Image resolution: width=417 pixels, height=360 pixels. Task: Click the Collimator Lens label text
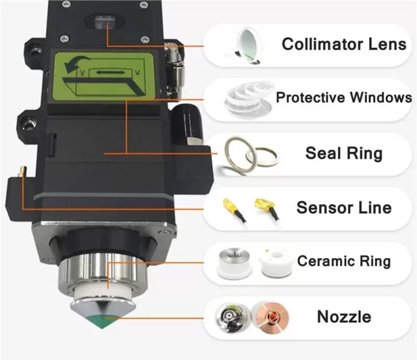344,44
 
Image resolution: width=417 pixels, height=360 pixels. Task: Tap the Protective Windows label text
344,97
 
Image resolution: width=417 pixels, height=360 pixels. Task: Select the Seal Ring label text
344,153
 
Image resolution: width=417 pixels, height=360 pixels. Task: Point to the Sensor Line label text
344,208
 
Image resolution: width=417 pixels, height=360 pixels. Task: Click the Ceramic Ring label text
344,261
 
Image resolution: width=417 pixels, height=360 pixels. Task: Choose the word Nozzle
344,317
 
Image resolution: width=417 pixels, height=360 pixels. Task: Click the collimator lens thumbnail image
247,46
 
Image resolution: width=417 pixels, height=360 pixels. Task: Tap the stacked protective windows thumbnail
249,100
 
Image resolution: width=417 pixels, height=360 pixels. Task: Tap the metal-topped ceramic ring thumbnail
234,262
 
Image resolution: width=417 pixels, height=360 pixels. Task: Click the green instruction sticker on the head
104,76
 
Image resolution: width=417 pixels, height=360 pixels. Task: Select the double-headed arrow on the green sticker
111,72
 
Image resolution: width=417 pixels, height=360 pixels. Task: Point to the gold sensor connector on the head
22,171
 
